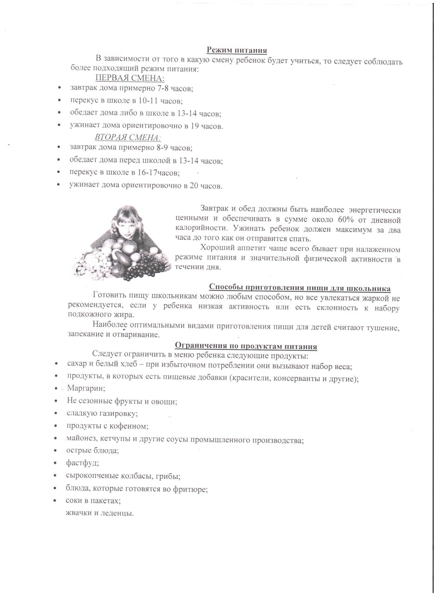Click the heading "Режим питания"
pyautogui.click(x=237, y=50)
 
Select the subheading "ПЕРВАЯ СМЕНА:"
pyautogui.click(x=129, y=78)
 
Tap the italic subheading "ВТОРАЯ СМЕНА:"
pyautogui.click(x=128, y=137)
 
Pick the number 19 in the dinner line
pyautogui.click(x=194, y=126)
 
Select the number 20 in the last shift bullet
pyautogui.click(x=194, y=186)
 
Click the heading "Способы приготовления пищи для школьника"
pyautogui.click(x=299, y=288)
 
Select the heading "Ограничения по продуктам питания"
pyautogui.click(x=246, y=346)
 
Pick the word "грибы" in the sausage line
pyautogui.click(x=169, y=476)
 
